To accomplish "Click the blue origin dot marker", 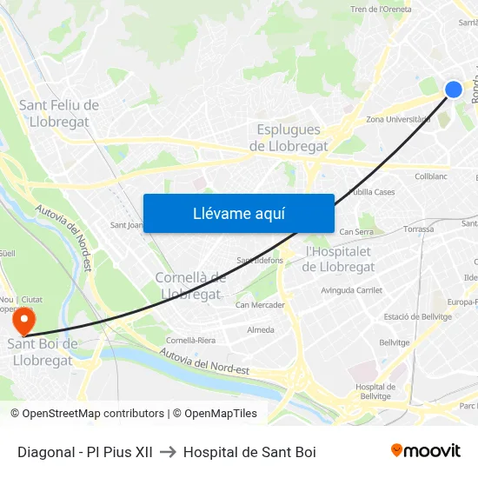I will click(x=454, y=89).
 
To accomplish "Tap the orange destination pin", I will click(x=23, y=321).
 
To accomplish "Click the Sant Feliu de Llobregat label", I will click(x=59, y=114).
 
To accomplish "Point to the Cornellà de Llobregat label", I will click(x=190, y=285).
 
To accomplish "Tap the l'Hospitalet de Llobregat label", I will click(x=339, y=259).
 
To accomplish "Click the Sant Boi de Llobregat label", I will click(x=43, y=352).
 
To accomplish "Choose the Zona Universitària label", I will click(x=399, y=119).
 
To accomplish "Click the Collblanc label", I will click(x=430, y=176).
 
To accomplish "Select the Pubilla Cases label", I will click(x=372, y=192).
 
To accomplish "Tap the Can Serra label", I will click(x=356, y=232).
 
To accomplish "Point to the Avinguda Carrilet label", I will click(x=352, y=290).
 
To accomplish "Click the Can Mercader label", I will click(x=260, y=305).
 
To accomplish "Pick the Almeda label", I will click(x=261, y=330).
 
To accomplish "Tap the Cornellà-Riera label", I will click(x=190, y=340).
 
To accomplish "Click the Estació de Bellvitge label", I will click(x=415, y=316).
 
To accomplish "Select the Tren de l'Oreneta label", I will click(x=381, y=10).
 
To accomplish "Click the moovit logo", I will click(x=426, y=451).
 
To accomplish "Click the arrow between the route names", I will click(x=168, y=452).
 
